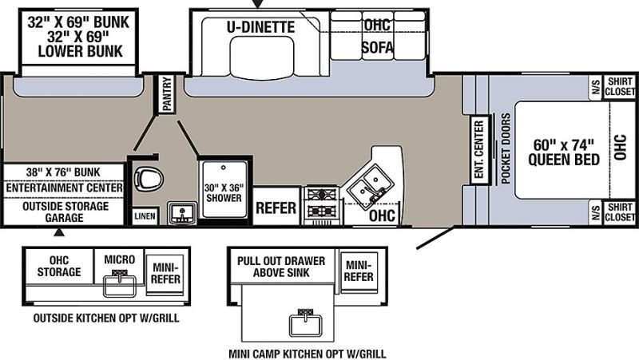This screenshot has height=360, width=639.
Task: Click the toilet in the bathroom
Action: (x=149, y=178)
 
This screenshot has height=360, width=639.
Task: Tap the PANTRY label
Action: (x=167, y=94)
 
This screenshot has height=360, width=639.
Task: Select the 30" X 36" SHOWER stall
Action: (x=224, y=192)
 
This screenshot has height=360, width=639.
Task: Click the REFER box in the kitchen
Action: (x=276, y=208)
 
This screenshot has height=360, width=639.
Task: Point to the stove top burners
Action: (x=322, y=204)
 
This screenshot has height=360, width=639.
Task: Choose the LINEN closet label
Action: (x=145, y=216)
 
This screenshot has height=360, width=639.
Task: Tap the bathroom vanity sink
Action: (x=182, y=212)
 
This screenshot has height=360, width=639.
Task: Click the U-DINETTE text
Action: (x=261, y=27)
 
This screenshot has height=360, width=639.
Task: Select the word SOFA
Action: (x=378, y=47)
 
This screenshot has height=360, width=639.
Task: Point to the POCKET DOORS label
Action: (x=506, y=148)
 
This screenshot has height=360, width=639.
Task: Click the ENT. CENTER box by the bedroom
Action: (x=479, y=149)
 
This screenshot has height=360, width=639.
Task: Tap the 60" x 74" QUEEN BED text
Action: (x=564, y=152)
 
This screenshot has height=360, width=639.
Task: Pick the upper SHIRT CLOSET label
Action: (x=620, y=87)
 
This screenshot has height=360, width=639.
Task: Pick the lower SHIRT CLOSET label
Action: (x=620, y=212)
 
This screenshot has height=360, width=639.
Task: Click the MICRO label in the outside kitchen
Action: (x=119, y=259)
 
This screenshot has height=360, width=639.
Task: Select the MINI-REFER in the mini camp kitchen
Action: (x=359, y=271)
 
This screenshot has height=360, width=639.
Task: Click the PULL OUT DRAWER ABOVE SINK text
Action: (x=281, y=267)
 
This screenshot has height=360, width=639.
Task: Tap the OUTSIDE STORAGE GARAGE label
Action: (x=65, y=212)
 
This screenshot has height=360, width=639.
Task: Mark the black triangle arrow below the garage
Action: (x=59, y=232)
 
